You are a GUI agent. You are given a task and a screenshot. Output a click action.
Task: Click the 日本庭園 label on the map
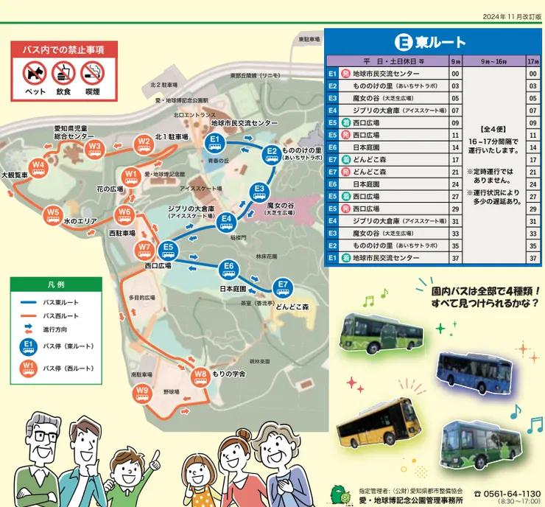(232, 290)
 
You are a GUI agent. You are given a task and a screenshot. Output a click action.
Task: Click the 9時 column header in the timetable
(455, 61)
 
